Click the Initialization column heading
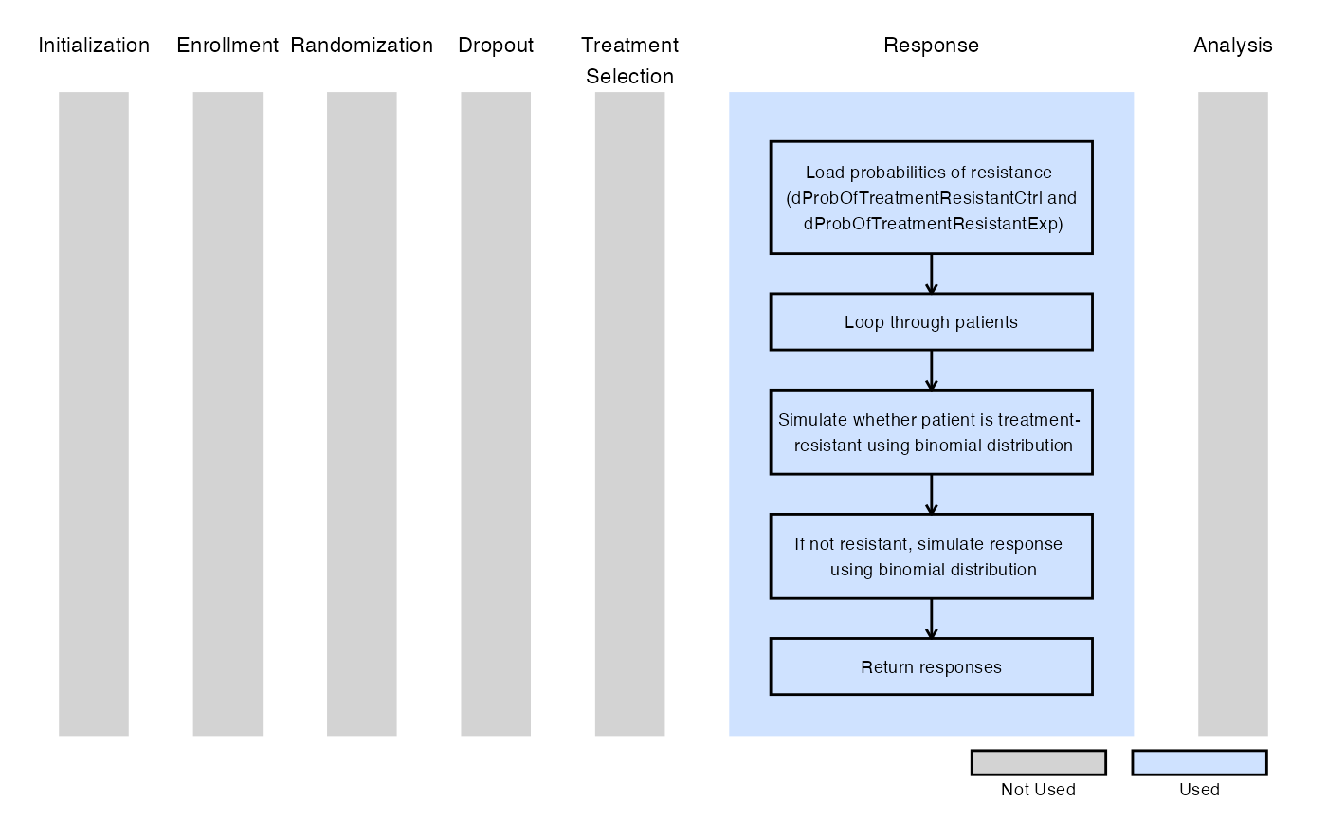point(94,46)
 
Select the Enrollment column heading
point(227,46)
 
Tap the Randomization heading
point(361,46)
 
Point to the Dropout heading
point(496,46)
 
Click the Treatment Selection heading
point(629,61)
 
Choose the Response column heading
point(931,46)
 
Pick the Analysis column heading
point(1233,46)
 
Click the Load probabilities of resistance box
point(931,198)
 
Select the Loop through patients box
point(931,322)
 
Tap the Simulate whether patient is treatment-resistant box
point(931,432)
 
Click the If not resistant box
point(931,556)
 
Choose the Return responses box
point(931,666)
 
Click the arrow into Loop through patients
point(931,274)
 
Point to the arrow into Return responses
point(931,618)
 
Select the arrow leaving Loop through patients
point(931,370)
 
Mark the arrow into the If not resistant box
point(931,494)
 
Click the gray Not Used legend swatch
point(1039,762)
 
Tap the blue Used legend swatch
point(1200,762)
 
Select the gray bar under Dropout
point(496,413)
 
